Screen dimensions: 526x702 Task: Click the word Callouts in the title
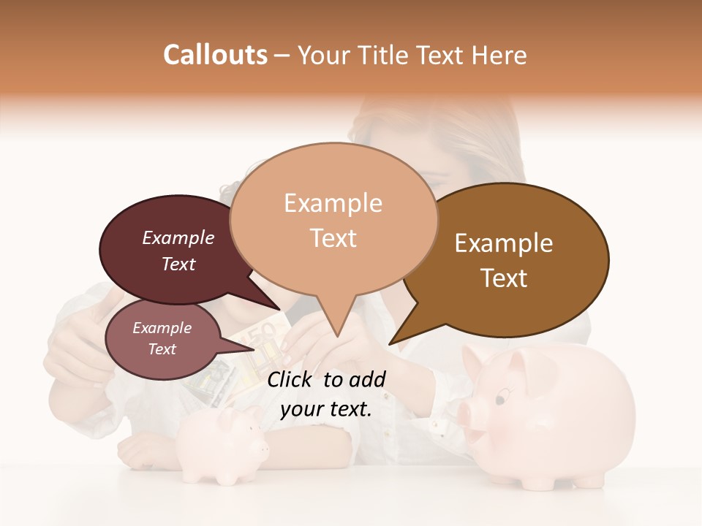[215, 55]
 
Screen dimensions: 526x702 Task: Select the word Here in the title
[500, 56]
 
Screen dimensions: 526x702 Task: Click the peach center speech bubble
[333, 219]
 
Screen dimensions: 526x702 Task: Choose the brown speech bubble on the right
[512, 259]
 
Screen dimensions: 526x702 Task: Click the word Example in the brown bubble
[503, 243]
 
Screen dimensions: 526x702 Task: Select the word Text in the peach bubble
[333, 238]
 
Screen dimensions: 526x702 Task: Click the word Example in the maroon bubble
[178, 237]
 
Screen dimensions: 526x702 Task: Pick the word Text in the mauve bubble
[162, 349]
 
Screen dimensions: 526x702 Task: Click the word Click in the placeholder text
[290, 379]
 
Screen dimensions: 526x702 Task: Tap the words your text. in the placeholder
[325, 409]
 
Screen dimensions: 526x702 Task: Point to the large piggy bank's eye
[500, 398]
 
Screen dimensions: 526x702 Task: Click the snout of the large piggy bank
[467, 413]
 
